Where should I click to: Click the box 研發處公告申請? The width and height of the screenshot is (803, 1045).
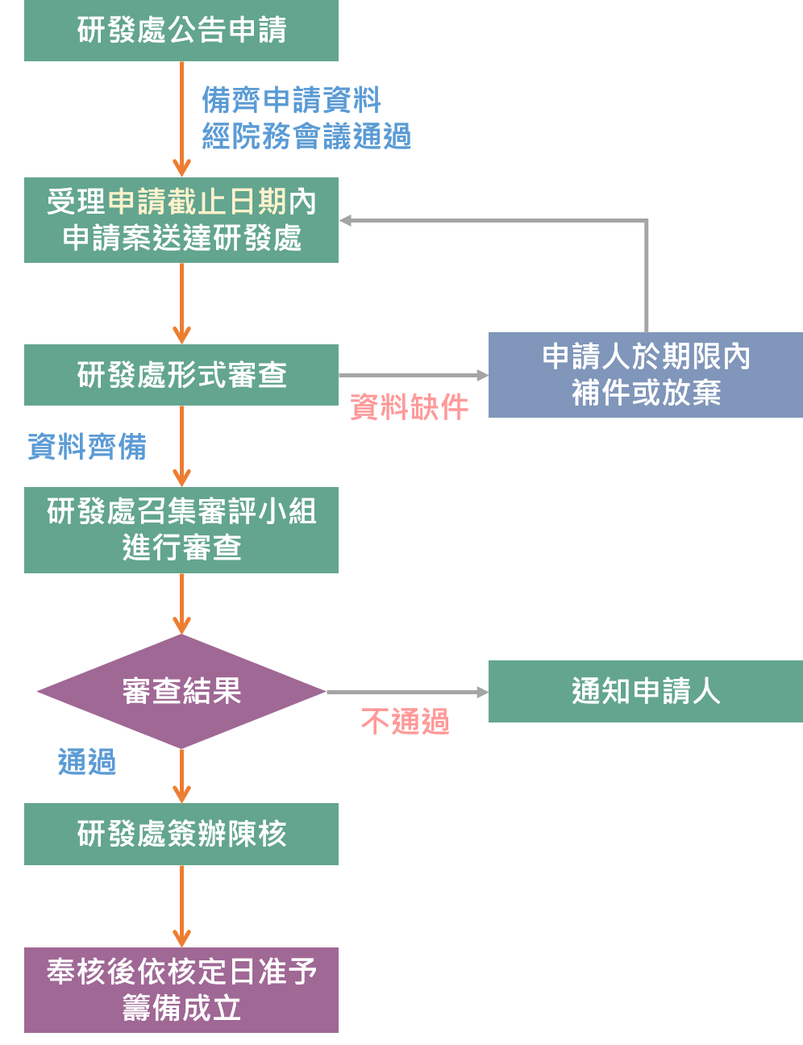point(181,31)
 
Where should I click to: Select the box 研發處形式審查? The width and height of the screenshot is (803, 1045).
point(181,375)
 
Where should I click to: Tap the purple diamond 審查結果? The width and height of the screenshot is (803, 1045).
point(181,691)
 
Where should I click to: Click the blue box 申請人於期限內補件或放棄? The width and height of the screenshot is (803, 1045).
point(645,375)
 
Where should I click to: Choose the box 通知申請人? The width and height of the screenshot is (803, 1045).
point(645,691)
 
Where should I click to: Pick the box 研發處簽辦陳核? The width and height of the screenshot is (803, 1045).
point(181,834)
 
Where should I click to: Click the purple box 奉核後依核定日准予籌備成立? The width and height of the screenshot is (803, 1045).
point(181,990)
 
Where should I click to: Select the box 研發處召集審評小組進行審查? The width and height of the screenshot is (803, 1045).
point(181,530)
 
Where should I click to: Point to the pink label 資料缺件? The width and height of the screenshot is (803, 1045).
point(409,407)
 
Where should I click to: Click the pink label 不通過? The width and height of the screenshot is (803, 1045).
point(405,721)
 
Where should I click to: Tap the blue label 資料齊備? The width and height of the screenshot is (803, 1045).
point(87,446)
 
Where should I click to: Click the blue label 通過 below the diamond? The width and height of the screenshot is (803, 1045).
point(87,762)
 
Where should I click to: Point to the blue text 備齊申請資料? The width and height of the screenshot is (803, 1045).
point(291,101)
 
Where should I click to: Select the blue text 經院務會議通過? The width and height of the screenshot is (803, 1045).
point(306,136)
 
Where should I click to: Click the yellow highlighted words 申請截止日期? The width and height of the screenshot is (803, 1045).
point(197,202)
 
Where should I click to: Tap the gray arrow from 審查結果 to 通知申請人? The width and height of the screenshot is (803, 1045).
point(407,692)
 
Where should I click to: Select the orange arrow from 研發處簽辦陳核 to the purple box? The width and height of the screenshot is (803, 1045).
point(182,905)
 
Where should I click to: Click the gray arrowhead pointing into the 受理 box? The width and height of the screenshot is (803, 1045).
point(345,220)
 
